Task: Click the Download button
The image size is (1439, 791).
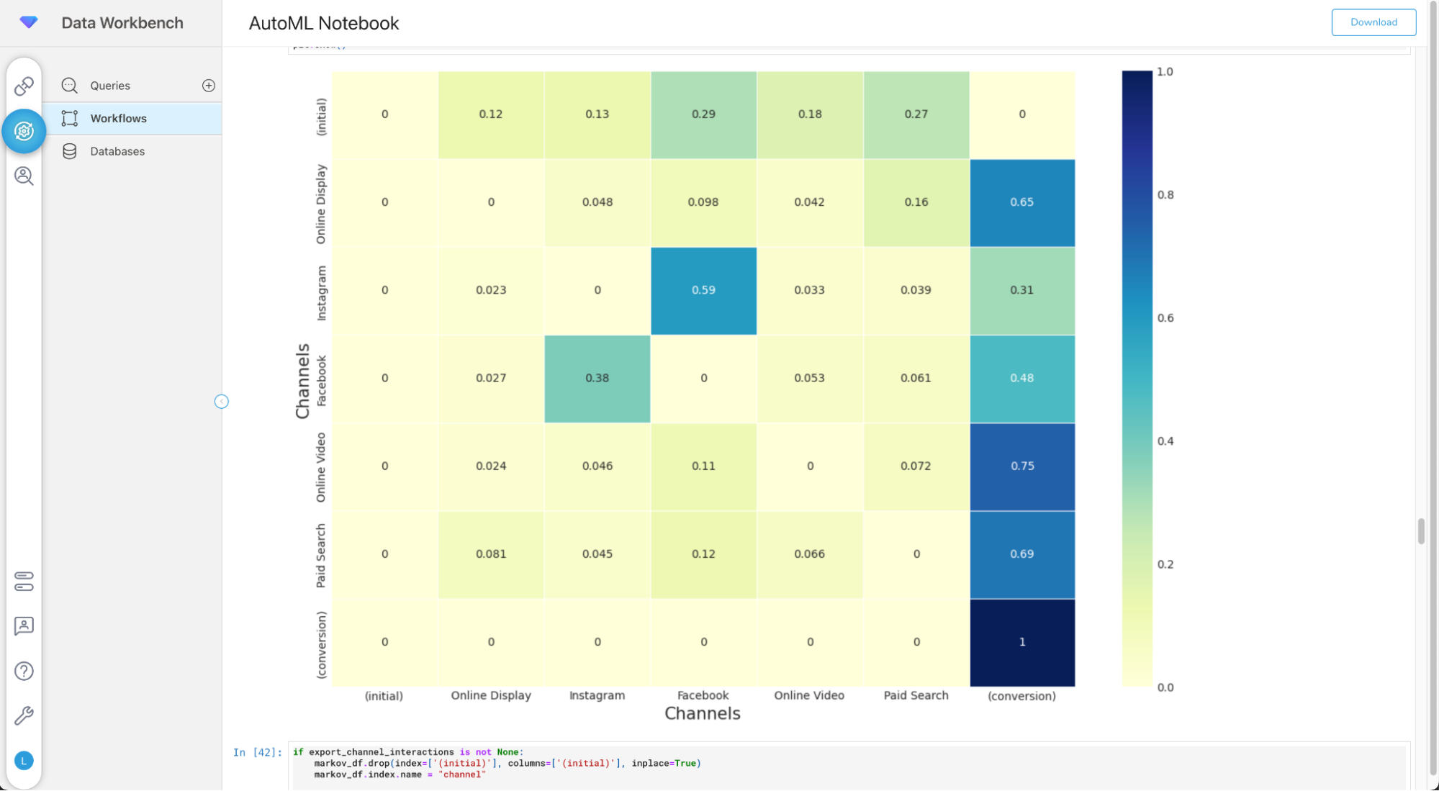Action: [x=1373, y=22]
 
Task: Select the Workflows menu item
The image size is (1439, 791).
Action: [x=118, y=119]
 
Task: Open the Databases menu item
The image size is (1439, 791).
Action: [x=117, y=151]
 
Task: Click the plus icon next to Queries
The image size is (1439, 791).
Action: [x=209, y=86]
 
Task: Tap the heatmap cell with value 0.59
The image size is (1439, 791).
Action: [x=703, y=290]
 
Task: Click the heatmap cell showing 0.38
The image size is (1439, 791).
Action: [x=597, y=379]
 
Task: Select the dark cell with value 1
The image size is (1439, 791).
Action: [x=1021, y=642]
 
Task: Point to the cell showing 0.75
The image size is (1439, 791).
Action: [x=1021, y=466]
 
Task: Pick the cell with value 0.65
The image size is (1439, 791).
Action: [x=1021, y=202]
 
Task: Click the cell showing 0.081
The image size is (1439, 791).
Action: [x=491, y=554]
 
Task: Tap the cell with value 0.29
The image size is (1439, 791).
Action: [x=703, y=114]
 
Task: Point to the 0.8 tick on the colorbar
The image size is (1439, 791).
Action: [x=1165, y=195]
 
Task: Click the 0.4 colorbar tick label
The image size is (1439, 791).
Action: [x=1165, y=441]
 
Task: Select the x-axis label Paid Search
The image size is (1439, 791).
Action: [x=916, y=695]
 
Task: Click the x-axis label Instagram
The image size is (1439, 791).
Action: [x=597, y=695]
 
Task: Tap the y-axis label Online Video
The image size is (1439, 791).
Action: [x=321, y=467]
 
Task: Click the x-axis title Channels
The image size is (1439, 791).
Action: [x=702, y=713]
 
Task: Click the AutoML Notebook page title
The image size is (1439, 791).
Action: [x=324, y=23]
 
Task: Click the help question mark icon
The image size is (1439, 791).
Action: [x=24, y=671]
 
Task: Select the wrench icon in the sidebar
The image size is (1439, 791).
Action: [x=24, y=715]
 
